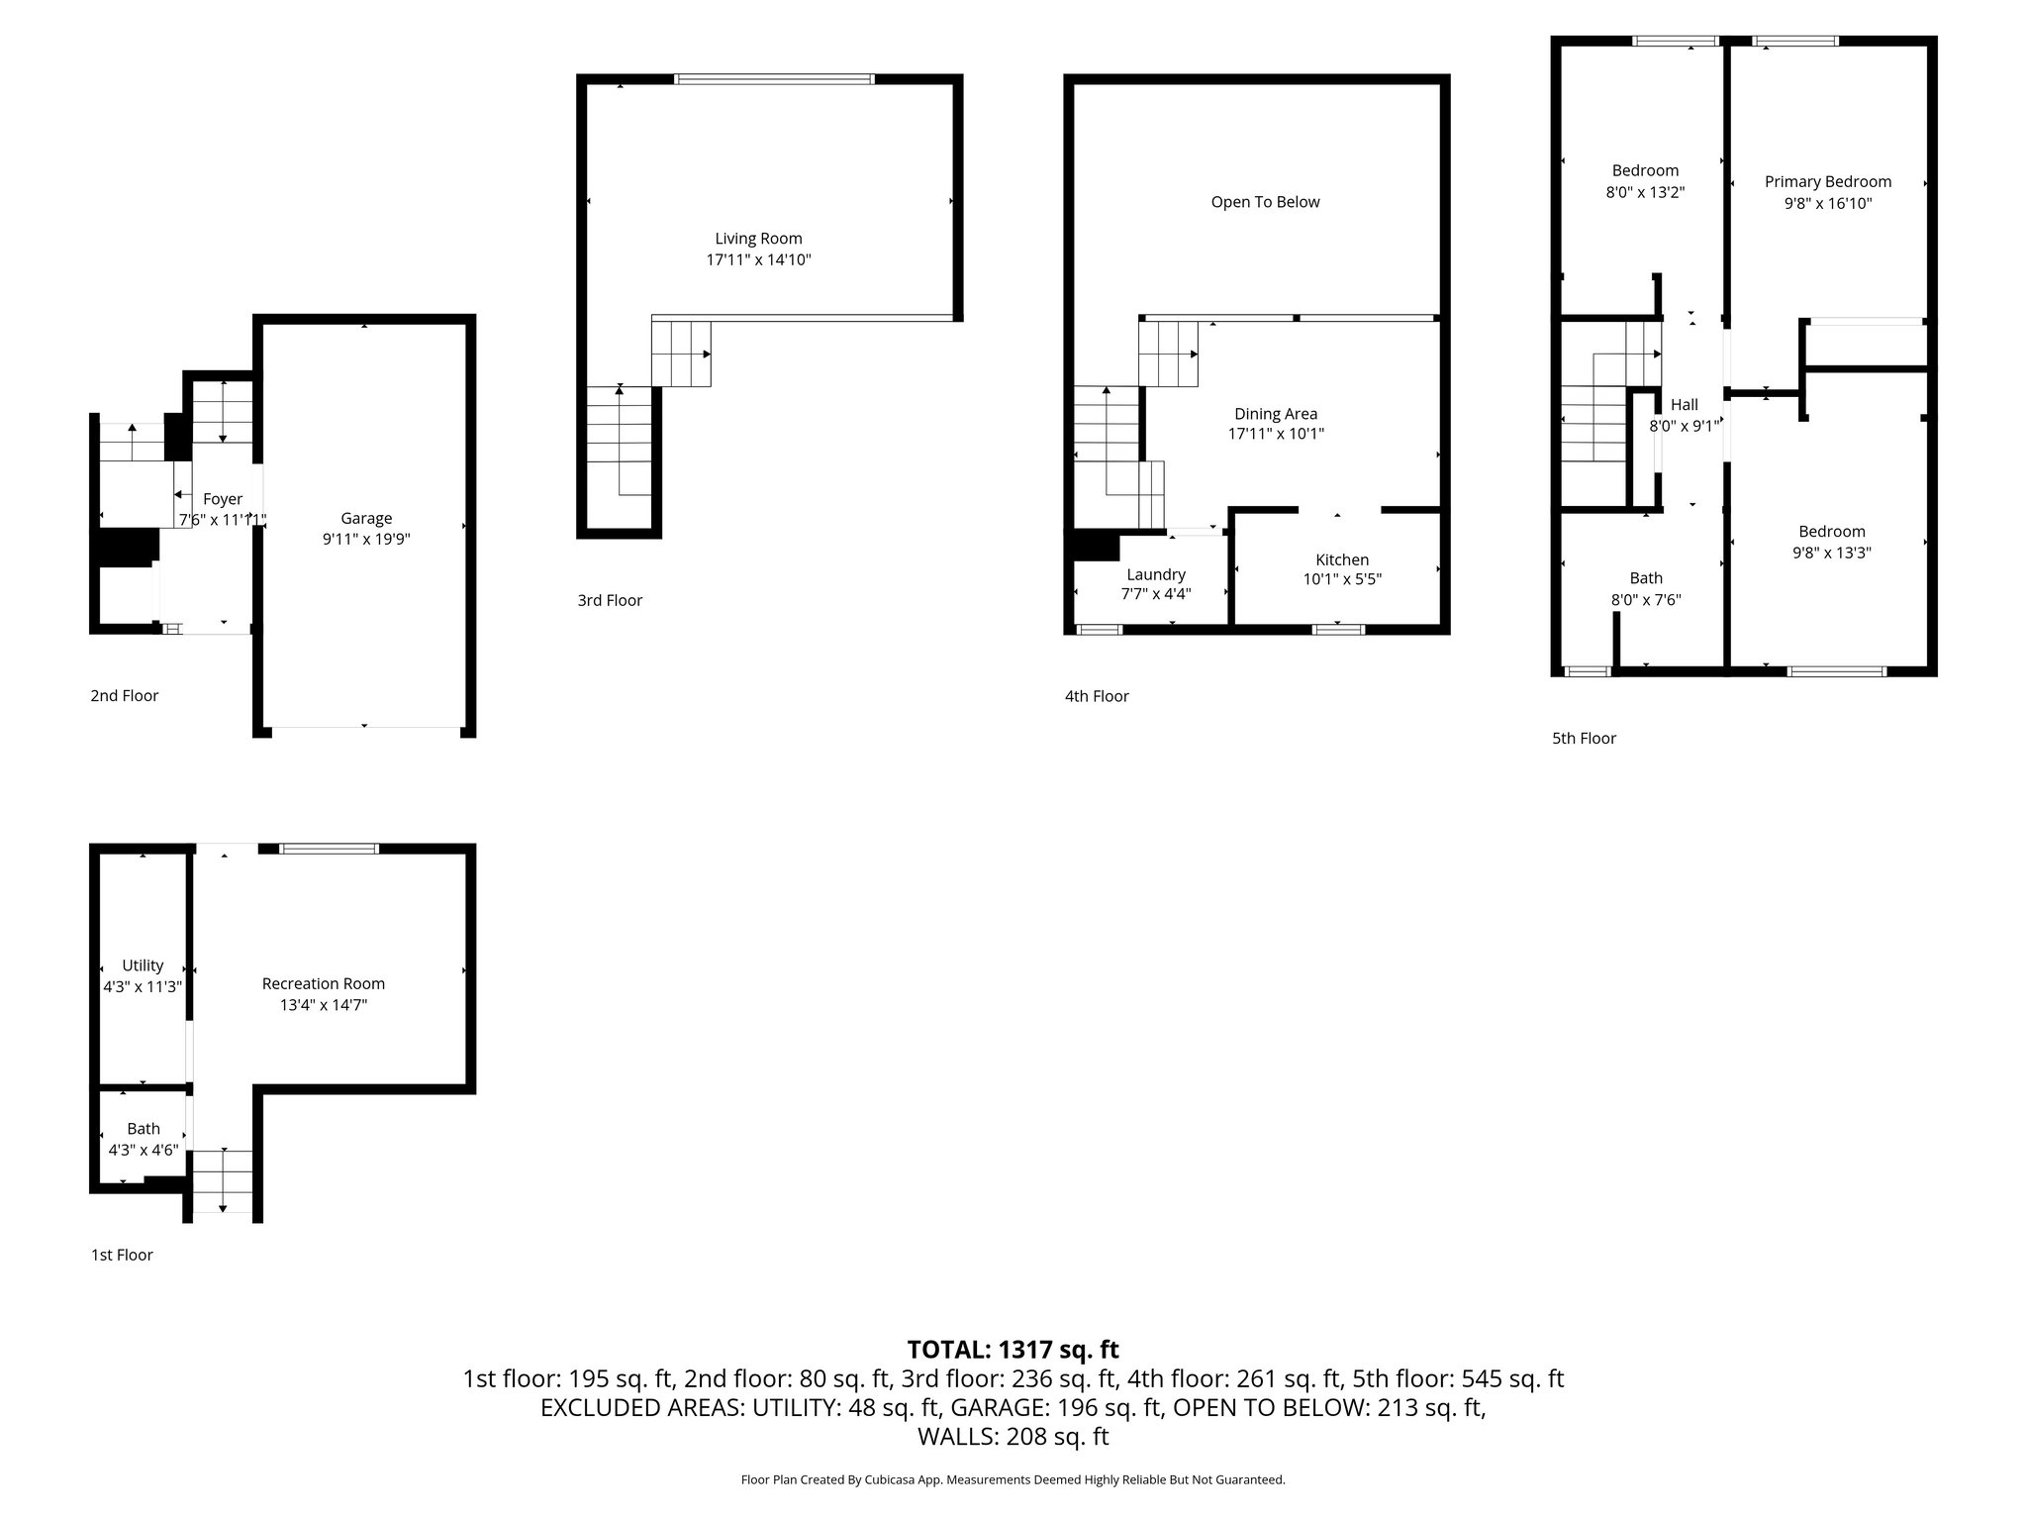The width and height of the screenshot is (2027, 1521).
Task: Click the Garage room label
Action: click(x=366, y=518)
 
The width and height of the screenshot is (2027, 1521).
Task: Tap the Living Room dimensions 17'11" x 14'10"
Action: click(x=759, y=260)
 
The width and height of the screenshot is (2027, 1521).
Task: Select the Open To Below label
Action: click(x=1265, y=202)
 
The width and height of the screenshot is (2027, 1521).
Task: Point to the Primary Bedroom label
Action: click(x=1828, y=182)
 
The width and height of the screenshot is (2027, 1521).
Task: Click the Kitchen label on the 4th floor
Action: click(x=1342, y=560)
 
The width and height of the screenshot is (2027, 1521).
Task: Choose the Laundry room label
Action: click(x=1156, y=575)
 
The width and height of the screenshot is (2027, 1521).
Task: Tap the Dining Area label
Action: click(x=1276, y=414)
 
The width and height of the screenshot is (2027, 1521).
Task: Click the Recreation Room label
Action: click(x=324, y=983)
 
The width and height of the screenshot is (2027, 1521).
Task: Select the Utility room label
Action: click(x=143, y=965)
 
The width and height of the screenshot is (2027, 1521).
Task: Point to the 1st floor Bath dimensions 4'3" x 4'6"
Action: click(x=144, y=1151)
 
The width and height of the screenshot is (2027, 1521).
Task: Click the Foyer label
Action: click(x=223, y=499)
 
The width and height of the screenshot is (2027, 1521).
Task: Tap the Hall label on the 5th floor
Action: click(x=1685, y=404)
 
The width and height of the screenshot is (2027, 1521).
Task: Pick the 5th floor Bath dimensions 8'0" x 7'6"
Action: click(x=1646, y=600)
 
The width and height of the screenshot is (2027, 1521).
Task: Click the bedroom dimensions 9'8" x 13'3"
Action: click(x=1832, y=554)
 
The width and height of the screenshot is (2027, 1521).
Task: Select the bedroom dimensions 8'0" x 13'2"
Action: click(x=1645, y=192)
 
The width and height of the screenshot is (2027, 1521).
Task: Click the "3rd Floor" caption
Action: click(x=610, y=600)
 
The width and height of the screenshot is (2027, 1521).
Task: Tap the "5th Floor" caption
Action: click(x=1584, y=738)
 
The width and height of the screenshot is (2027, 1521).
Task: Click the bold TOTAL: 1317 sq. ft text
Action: click(x=1013, y=1350)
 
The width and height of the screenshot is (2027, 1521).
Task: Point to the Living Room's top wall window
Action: click(x=774, y=79)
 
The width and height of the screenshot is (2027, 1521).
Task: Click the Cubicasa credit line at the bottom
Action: click(x=1013, y=1480)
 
